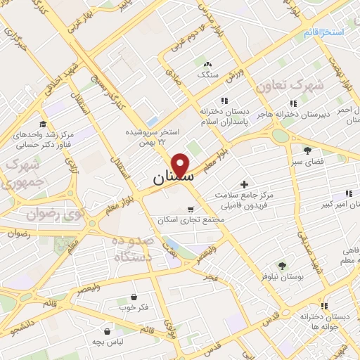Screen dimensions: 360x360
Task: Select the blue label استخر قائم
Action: tap(324, 33)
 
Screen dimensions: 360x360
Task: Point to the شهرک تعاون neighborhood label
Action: tap(290, 85)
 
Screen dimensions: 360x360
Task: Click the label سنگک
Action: tap(208, 73)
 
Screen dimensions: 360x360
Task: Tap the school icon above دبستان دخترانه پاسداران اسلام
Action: tap(224, 101)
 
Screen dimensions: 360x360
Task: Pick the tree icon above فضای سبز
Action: tap(307, 150)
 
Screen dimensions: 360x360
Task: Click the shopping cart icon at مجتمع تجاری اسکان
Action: tap(191, 209)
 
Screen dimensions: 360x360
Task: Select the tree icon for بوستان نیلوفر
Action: tap(282, 266)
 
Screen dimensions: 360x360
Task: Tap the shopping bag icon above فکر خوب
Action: tap(134, 297)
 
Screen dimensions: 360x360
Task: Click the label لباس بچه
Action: tap(107, 340)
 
